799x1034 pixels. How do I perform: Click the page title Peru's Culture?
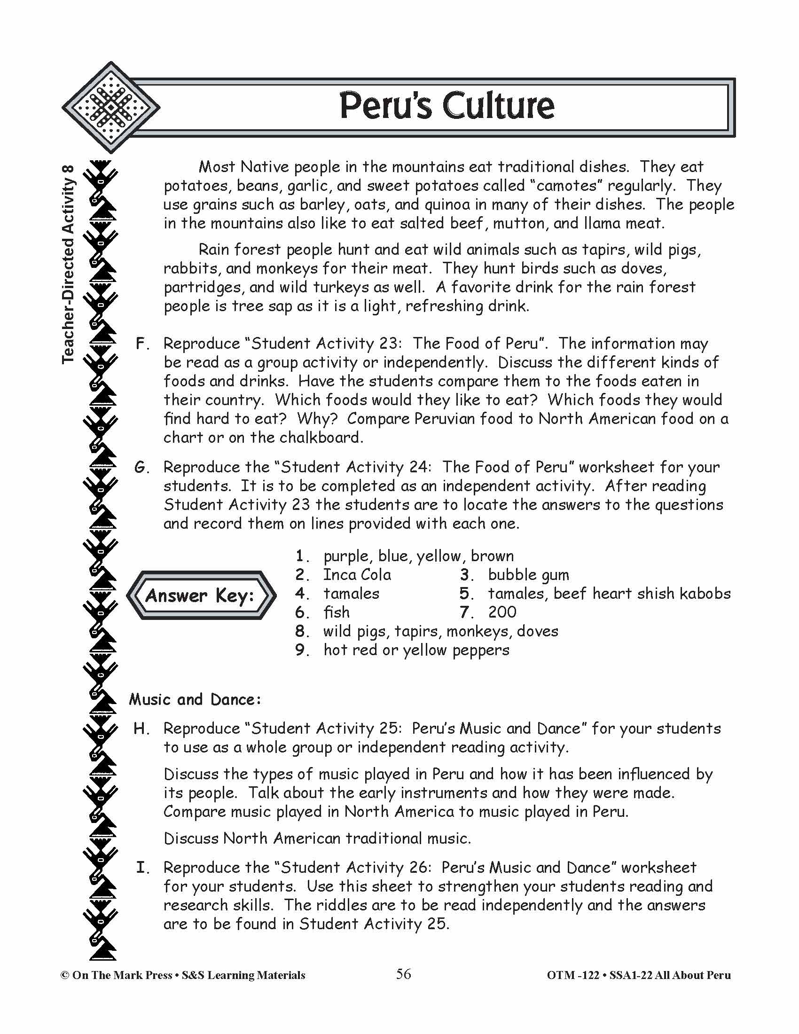click(x=446, y=106)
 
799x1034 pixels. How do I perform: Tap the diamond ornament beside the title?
click(x=110, y=108)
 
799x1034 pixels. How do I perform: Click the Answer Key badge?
click(x=201, y=595)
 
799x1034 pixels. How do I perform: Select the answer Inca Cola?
click(x=357, y=575)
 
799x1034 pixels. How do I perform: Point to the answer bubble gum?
click(x=528, y=575)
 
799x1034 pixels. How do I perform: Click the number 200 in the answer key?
click(x=502, y=612)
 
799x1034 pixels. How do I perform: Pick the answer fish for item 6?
click(x=336, y=612)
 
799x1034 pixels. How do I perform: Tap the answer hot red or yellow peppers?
click(x=416, y=650)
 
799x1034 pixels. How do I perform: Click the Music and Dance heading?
click(x=195, y=699)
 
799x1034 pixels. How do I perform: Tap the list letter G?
click(x=141, y=467)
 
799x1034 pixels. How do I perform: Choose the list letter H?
click(x=141, y=728)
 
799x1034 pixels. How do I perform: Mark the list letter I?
click(x=142, y=868)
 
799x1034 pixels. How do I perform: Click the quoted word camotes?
click(x=565, y=186)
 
